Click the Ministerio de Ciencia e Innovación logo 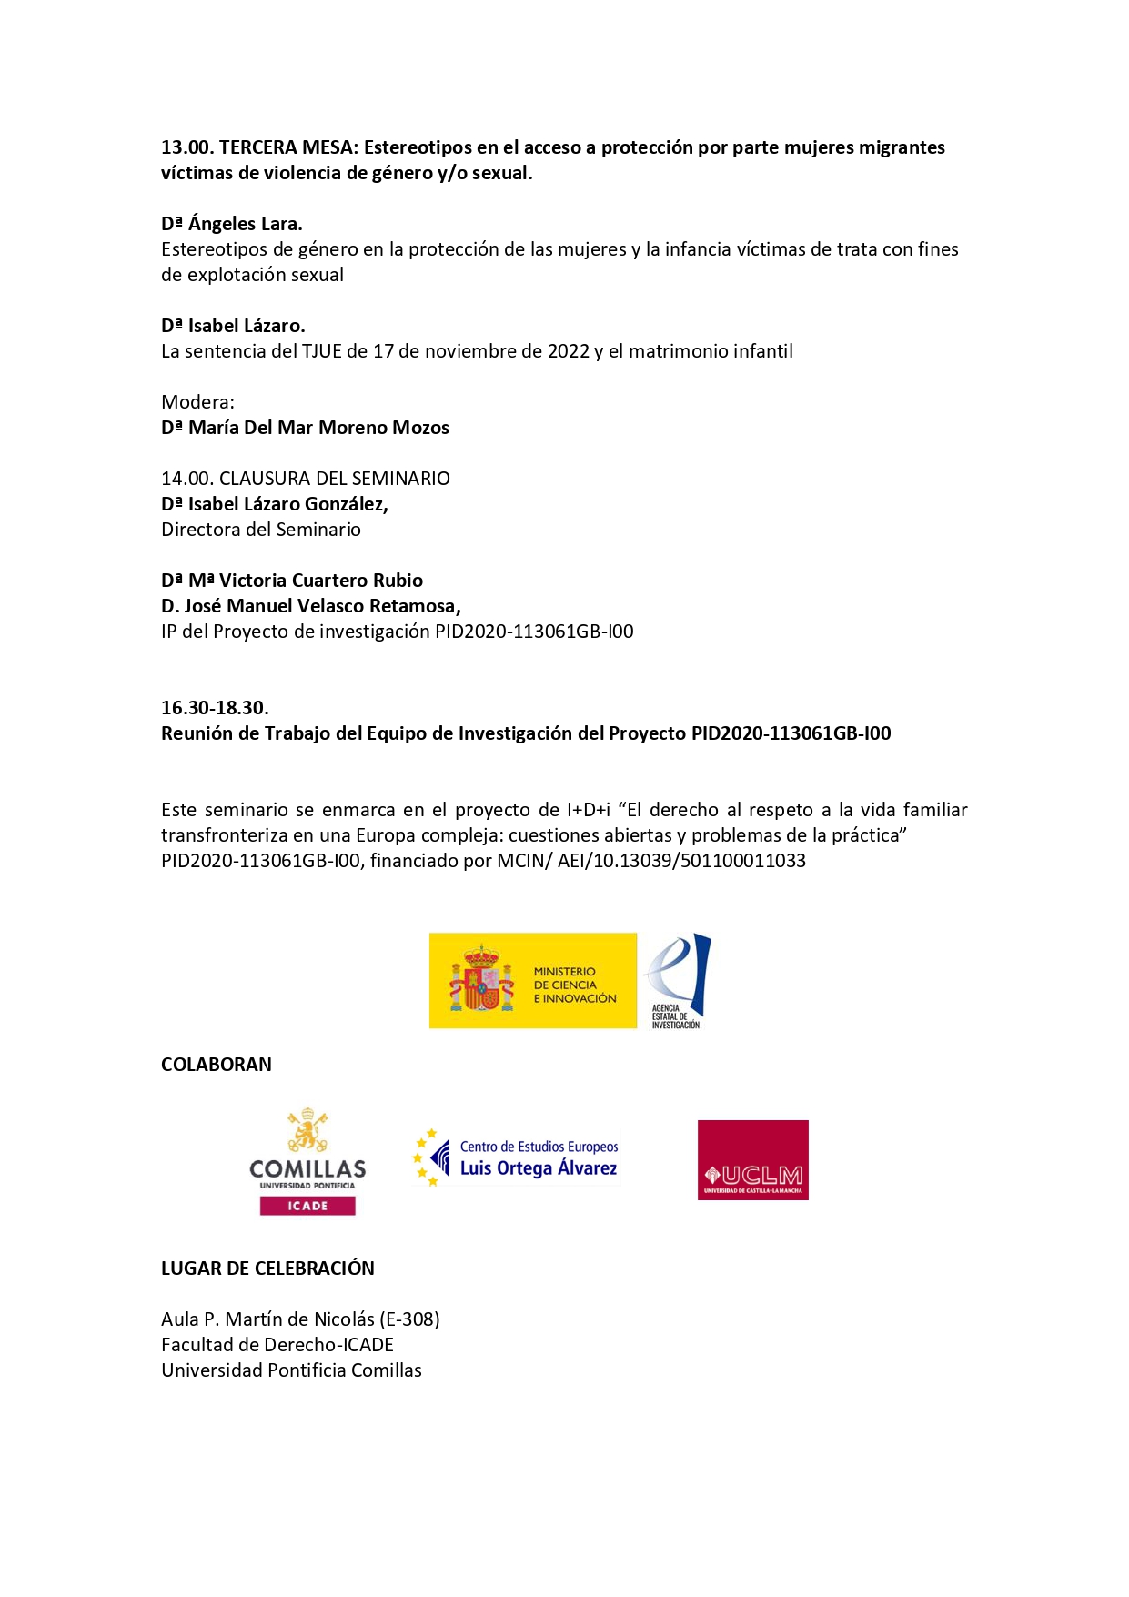[532, 980]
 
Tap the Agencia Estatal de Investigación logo [677, 980]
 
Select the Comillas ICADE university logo [307, 1161]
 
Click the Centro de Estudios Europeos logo [517, 1157]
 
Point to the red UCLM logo [752, 1159]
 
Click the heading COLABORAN [216, 1065]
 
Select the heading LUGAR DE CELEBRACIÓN [267, 1269]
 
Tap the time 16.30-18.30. [215, 708]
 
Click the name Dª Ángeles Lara [232, 224]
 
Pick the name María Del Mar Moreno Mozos [318, 428]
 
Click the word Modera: [197, 402]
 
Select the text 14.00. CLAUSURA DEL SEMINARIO [306, 479]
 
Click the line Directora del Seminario [261, 530]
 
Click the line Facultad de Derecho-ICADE [277, 1345]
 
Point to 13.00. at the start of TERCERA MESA [187, 147]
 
